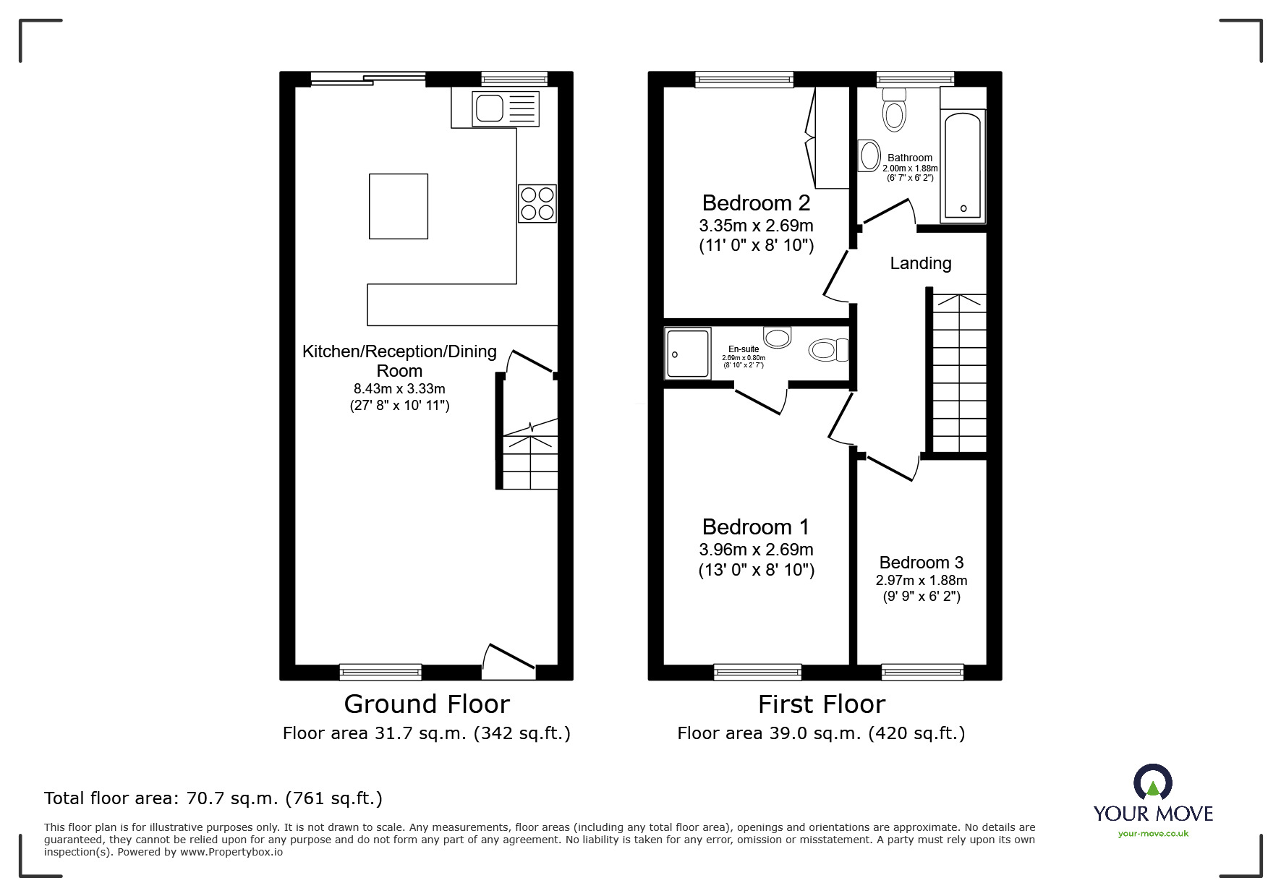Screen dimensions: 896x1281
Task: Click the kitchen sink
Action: tap(489, 108)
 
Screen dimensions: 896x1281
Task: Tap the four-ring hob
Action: tap(537, 203)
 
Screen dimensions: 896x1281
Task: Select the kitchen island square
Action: tap(398, 206)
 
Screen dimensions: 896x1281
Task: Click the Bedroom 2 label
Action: tap(756, 203)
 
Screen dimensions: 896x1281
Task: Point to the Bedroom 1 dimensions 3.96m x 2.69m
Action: tap(756, 550)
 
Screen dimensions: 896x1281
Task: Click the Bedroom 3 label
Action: tap(921, 563)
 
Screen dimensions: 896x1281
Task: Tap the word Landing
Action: tap(920, 263)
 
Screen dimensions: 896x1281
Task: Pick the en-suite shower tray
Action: tap(688, 353)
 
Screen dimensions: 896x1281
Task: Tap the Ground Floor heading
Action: tap(427, 704)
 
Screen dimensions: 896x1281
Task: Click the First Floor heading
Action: tap(821, 704)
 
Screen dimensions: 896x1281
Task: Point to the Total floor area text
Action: tap(213, 798)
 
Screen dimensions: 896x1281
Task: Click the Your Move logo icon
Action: tap(1152, 783)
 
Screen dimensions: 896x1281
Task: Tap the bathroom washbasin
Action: tap(868, 155)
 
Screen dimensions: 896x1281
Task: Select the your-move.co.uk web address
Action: tap(1153, 834)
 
